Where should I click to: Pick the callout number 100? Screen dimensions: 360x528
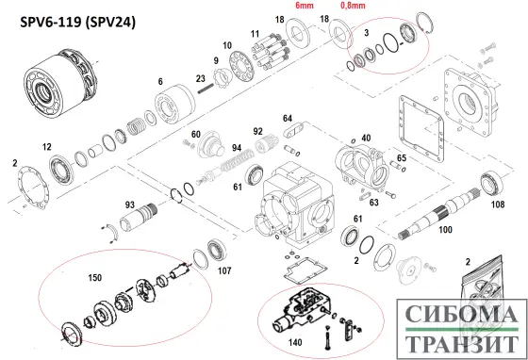tap(445, 229)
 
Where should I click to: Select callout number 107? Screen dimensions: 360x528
tap(224, 270)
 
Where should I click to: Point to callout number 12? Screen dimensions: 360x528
tap(47, 147)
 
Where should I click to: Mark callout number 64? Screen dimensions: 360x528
tap(288, 118)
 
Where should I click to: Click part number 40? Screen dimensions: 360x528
tap(367, 139)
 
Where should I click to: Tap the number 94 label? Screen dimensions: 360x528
tap(238, 148)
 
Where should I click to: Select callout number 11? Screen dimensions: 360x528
tap(255, 34)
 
